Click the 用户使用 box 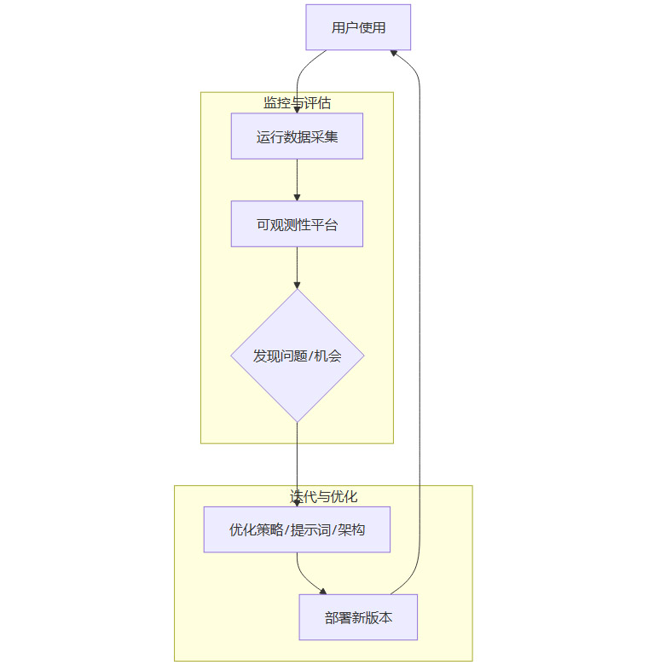(358, 27)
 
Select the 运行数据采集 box (297, 136)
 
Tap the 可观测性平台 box (297, 224)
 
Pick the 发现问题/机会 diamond (297, 356)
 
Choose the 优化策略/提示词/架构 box (297, 529)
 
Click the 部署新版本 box (358, 617)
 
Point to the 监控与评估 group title (297, 103)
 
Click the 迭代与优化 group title (323, 496)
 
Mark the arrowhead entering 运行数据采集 (297, 109)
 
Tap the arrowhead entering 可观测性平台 (297, 197)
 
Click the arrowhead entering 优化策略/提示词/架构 (297, 502)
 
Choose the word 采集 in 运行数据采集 (325, 136)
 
